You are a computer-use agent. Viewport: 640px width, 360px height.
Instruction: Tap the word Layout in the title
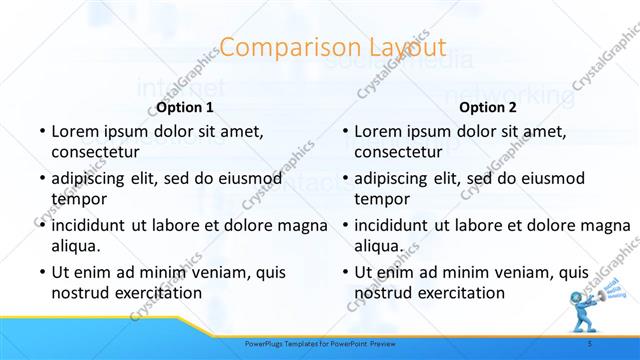point(395,47)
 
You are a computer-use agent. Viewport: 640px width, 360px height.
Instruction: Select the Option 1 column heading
point(185,107)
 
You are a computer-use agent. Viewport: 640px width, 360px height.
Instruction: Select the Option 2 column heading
point(488,107)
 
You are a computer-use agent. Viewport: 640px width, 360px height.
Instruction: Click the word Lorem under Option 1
point(73,131)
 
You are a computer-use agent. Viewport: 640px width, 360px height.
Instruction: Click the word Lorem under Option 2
point(377,131)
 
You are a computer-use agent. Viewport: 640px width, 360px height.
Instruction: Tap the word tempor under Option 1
point(74,198)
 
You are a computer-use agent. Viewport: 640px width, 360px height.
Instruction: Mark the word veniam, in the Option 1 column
point(200,272)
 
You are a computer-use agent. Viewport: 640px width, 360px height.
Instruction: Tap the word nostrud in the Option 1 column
point(78,293)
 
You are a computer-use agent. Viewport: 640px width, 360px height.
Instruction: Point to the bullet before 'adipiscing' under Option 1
point(41,178)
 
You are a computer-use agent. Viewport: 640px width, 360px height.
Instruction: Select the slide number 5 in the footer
point(590,343)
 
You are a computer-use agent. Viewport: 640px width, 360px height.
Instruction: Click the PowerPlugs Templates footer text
point(320,343)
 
